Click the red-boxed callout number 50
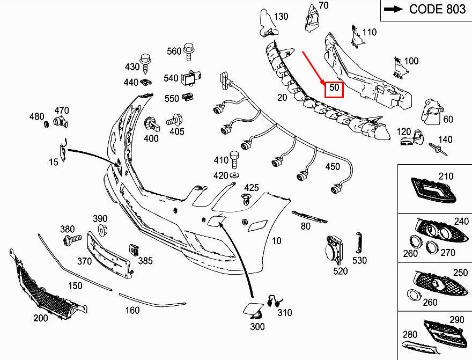pyautogui.click(x=334, y=87)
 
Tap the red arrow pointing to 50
pyautogui.click(x=313, y=68)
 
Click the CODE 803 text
pyautogui.click(x=437, y=9)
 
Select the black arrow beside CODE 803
pyautogui.click(x=393, y=9)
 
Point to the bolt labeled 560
pyautogui.click(x=189, y=52)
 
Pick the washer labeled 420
pyautogui.click(x=234, y=175)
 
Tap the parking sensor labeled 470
pyautogui.click(x=61, y=122)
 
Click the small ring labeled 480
pyautogui.click(x=47, y=124)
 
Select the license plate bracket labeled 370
pyautogui.click(x=109, y=255)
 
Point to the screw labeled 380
pyautogui.click(x=72, y=239)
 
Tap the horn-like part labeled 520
pyautogui.click(x=335, y=250)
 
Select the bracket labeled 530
pyautogui.click(x=358, y=243)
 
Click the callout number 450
pyautogui.click(x=333, y=167)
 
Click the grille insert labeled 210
pyautogui.click(x=433, y=190)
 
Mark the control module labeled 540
pyautogui.click(x=191, y=78)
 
